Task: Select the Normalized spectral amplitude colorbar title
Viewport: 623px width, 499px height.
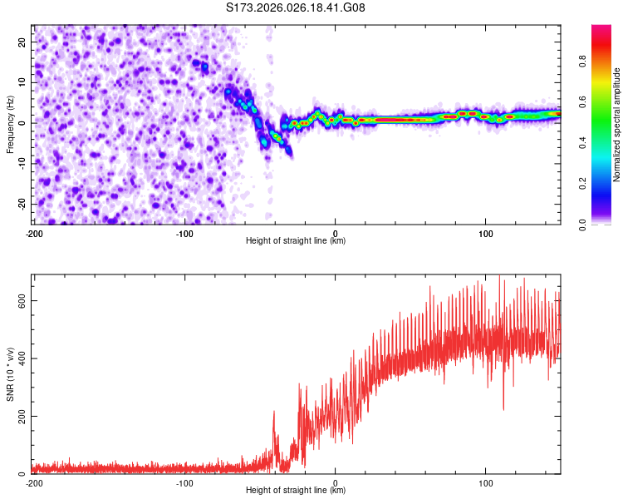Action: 617,125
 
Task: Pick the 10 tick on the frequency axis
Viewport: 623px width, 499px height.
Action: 22,82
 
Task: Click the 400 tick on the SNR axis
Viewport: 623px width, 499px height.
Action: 18,358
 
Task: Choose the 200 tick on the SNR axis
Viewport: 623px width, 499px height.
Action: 18,416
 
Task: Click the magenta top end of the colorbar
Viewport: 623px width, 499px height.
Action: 601,28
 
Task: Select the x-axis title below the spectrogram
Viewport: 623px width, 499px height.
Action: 296,241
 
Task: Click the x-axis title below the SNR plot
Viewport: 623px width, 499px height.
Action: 296,491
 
